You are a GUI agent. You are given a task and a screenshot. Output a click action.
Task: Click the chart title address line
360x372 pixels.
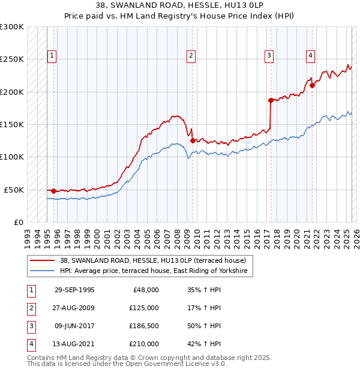pyautogui.click(x=179, y=6)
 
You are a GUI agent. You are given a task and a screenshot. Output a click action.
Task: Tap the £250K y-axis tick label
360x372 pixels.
pyautogui.click(x=12, y=59)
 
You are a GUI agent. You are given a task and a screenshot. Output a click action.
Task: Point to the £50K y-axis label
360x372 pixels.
pyautogui.click(x=14, y=190)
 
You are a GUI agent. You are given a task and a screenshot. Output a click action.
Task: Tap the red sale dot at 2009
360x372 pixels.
pyautogui.click(x=193, y=140)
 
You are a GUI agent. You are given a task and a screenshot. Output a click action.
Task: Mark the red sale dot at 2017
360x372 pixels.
pyautogui.click(x=271, y=100)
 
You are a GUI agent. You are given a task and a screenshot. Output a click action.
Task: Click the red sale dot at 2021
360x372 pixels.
pyautogui.click(x=312, y=85)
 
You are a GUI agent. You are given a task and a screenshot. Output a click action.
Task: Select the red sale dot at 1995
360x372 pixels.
pyautogui.click(x=54, y=191)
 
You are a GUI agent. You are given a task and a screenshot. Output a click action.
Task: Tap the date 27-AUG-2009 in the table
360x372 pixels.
pyautogui.click(x=74, y=308)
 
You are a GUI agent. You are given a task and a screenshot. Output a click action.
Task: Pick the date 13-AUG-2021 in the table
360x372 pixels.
pyautogui.click(x=74, y=344)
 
